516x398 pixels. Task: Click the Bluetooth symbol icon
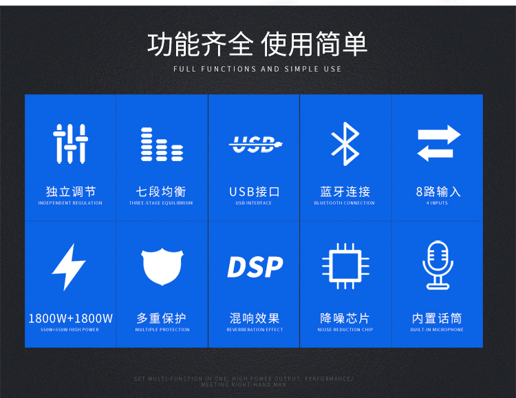[345, 144]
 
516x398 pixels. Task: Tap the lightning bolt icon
[69, 266]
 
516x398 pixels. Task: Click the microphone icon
[438, 265]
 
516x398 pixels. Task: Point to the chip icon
[345, 266]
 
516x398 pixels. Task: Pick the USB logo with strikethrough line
[254, 144]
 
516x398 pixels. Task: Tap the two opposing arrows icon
[438, 143]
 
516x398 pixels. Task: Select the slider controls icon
[70, 143]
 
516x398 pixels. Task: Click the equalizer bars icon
[162, 144]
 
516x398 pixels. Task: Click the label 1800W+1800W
[70, 318]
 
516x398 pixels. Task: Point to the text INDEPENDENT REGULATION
[70, 203]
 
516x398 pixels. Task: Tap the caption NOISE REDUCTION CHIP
[345, 330]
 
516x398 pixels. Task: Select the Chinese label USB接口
[254, 191]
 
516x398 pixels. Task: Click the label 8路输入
[438, 191]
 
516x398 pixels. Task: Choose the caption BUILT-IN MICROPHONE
[438, 330]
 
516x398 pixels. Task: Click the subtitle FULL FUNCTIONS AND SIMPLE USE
[257, 69]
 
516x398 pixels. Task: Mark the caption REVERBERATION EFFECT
[254, 330]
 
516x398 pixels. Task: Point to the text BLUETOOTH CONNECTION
[345, 203]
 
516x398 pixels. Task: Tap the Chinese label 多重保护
[162, 318]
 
